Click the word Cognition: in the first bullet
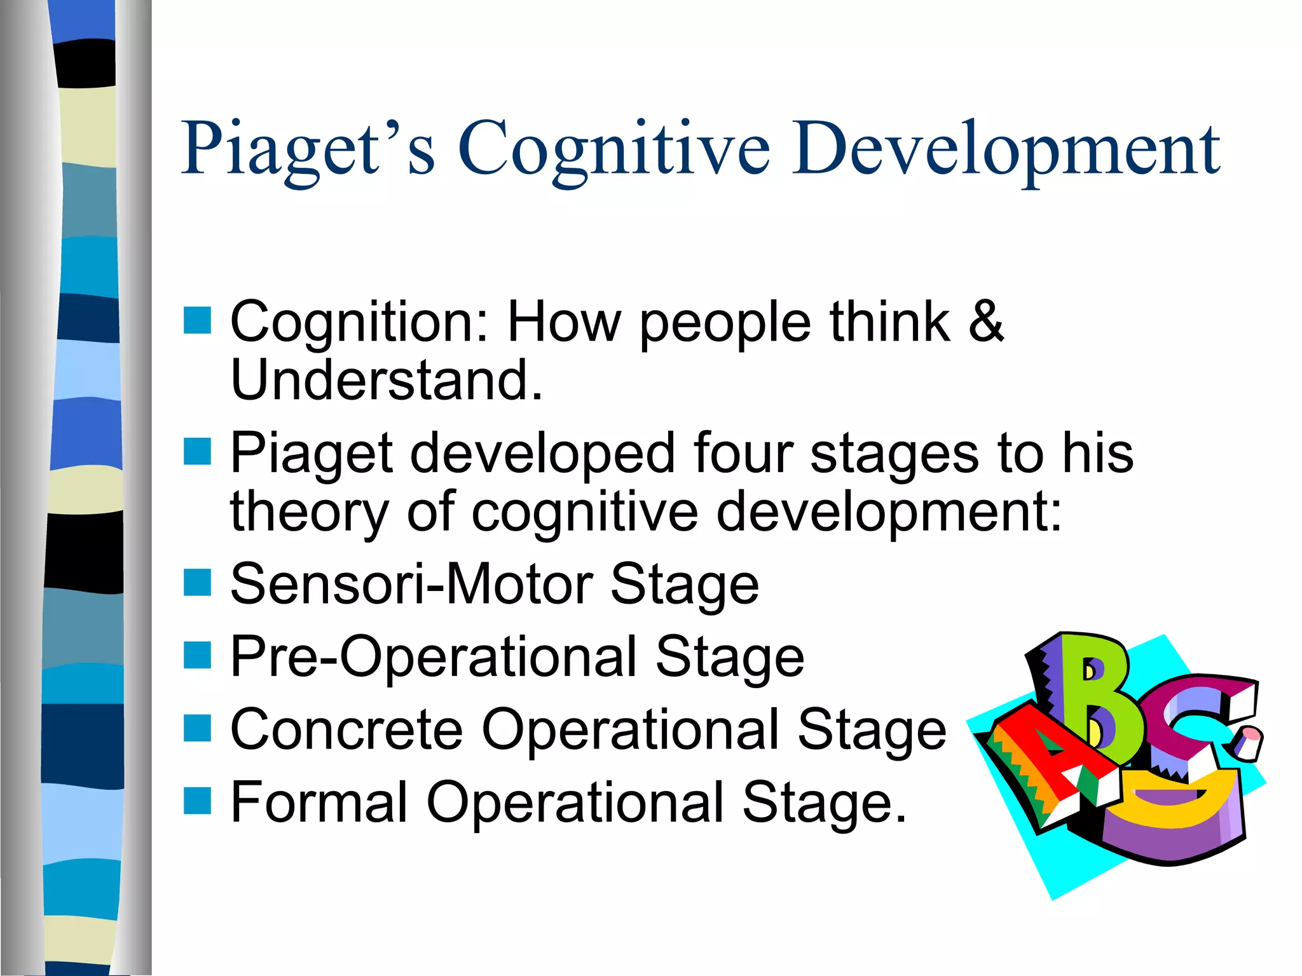pos(360,323)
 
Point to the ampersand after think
pos(985,322)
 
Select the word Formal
pos(319,802)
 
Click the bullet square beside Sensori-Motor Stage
pos(197,582)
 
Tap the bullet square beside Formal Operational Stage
pos(197,801)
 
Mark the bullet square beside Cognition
pos(197,320)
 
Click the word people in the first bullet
pos(725,323)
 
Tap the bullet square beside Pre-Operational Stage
pos(197,655)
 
